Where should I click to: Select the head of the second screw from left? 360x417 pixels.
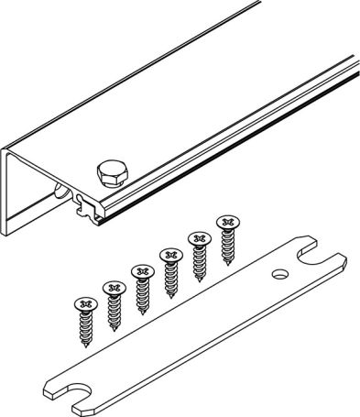pyautogui.click(x=114, y=287)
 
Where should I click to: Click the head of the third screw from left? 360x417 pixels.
pyautogui.click(x=141, y=271)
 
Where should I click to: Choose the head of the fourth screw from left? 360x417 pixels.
pyautogui.click(x=169, y=254)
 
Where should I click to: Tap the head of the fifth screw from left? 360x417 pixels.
pyautogui.click(x=197, y=237)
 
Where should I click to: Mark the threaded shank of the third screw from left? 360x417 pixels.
pyautogui.click(x=142, y=293)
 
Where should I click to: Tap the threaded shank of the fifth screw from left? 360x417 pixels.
pyautogui.click(x=198, y=259)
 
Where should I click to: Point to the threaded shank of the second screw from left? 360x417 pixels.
pyautogui.click(x=115, y=310)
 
